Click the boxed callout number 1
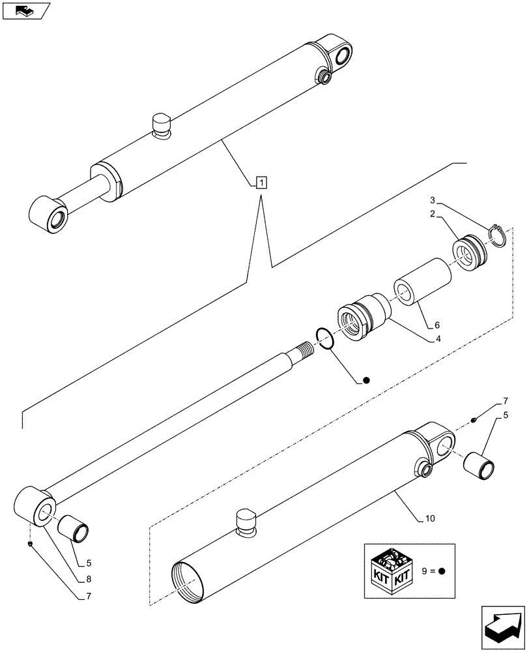[x=261, y=183]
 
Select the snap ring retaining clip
[x=498, y=235]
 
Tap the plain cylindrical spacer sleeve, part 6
[x=421, y=283]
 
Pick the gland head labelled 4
[x=362, y=319]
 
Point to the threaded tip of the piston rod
[x=304, y=351]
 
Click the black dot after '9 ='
[x=442, y=570]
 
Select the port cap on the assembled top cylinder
[x=160, y=123]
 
